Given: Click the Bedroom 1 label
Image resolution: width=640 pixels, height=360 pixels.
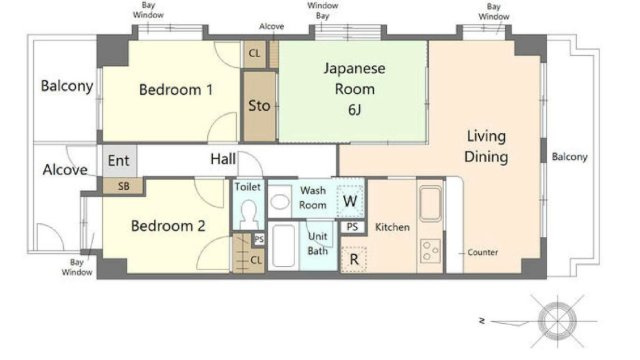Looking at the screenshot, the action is pyautogui.click(x=176, y=90).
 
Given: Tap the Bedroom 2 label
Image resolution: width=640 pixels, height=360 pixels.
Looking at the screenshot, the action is pyautogui.click(x=168, y=226).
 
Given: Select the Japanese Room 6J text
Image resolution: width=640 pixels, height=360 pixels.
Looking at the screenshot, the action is pyautogui.click(x=354, y=89).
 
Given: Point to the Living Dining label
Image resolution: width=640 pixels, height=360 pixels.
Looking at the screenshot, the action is pyautogui.click(x=486, y=147).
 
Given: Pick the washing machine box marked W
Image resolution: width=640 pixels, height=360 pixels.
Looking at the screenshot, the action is pyautogui.click(x=350, y=201).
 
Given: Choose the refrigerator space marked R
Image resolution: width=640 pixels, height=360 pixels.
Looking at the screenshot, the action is pyautogui.click(x=354, y=259).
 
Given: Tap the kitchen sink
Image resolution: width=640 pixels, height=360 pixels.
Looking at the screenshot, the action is pyautogui.click(x=431, y=204).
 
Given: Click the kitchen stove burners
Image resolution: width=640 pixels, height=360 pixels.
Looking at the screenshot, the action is pyautogui.click(x=431, y=251).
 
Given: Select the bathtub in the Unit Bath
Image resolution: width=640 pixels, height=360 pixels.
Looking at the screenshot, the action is pyautogui.click(x=283, y=245).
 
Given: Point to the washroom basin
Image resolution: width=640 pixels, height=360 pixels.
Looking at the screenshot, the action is pyautogui.click(x=280, y=202).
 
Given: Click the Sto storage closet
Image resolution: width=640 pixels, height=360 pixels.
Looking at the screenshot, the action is pyautogui.click(x=260, y=106).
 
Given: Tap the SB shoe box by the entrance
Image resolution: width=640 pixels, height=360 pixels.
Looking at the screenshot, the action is pyautogui.click(x=123, y=186).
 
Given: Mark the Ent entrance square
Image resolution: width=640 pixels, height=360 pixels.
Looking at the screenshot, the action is pyautogui.click(x=119, y=161).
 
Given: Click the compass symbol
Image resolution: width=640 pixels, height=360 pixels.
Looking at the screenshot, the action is pyautogui.click(x=557, y=321).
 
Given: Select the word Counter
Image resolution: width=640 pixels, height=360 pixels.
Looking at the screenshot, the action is pyautogui.click(x=482, y=252).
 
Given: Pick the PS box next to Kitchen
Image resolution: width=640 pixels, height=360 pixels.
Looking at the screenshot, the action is pyautogui.click(x=352, y=227).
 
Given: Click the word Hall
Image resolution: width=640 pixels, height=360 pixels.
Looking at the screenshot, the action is pyautogui.click(x=223, y=159).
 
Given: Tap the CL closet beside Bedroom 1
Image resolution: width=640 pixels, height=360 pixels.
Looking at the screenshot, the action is pyautogui.click(x=255, y=53).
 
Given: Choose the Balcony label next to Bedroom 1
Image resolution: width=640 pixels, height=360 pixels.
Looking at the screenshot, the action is pyautogui.click(x=67, y=86).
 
